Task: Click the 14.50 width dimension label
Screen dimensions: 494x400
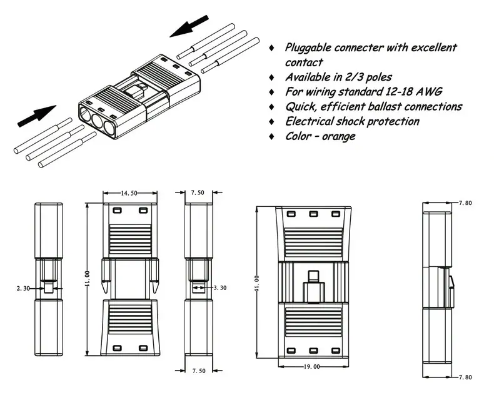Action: click(129, 193)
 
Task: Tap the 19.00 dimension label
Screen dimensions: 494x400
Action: click(311, 367)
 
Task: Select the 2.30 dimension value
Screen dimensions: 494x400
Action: click(23, 288)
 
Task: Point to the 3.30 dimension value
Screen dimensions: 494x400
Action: click(220, 287)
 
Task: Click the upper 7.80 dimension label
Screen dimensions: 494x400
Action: click(465, 203)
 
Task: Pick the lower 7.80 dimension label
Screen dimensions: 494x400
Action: click(465, 377)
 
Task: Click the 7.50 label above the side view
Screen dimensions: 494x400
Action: click(198, 192)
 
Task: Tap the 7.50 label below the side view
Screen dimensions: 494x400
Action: click(199, 371)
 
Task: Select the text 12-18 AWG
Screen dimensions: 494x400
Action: click(414, 91)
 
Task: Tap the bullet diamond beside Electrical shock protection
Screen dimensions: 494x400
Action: click(271, 122)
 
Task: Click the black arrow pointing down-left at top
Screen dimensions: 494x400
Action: click(189, 26)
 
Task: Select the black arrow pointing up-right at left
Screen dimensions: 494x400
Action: click(37, 116)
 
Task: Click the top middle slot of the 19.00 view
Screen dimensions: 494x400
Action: click(313, 214)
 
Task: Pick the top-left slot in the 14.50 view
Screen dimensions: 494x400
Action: click(117, 210)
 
